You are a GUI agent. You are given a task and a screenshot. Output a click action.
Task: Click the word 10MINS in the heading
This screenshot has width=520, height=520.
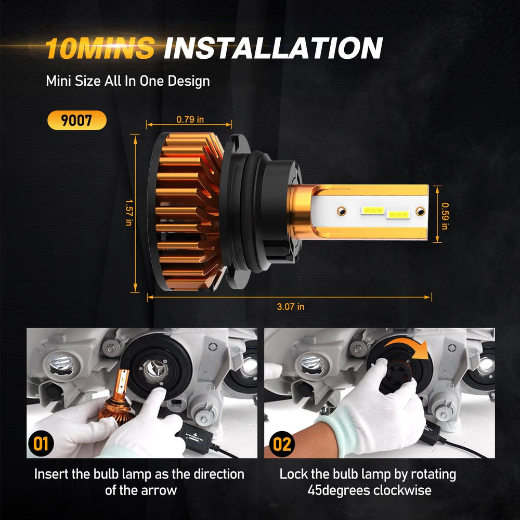99,48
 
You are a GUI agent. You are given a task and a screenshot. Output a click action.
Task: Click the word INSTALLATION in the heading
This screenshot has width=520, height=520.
274,48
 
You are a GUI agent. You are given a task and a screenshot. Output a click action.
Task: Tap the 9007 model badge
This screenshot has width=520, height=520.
77,120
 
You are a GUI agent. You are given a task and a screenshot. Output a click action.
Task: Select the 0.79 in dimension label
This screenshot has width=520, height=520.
190,120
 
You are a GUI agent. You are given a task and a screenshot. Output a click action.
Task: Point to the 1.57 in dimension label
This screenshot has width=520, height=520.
128,213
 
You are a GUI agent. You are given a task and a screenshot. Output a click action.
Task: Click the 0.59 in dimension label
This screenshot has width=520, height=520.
445,216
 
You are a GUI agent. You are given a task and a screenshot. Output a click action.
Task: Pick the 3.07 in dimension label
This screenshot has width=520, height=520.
291,307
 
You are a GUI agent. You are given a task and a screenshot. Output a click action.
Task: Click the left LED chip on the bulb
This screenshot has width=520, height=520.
373,210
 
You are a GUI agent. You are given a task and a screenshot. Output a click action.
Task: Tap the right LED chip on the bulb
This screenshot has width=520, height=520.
398,215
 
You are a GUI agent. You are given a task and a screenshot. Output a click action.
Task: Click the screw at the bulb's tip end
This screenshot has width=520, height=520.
420,211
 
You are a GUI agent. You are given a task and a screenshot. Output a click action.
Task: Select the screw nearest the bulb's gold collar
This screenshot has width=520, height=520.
341,211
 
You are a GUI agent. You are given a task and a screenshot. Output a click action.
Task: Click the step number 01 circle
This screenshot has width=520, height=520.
41,444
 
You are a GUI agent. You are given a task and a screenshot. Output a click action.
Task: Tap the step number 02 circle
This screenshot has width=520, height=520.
282,444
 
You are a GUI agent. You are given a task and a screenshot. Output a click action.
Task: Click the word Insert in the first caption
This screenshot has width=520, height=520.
51,474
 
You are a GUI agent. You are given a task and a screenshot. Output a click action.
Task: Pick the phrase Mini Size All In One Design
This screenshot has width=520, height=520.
128,81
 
